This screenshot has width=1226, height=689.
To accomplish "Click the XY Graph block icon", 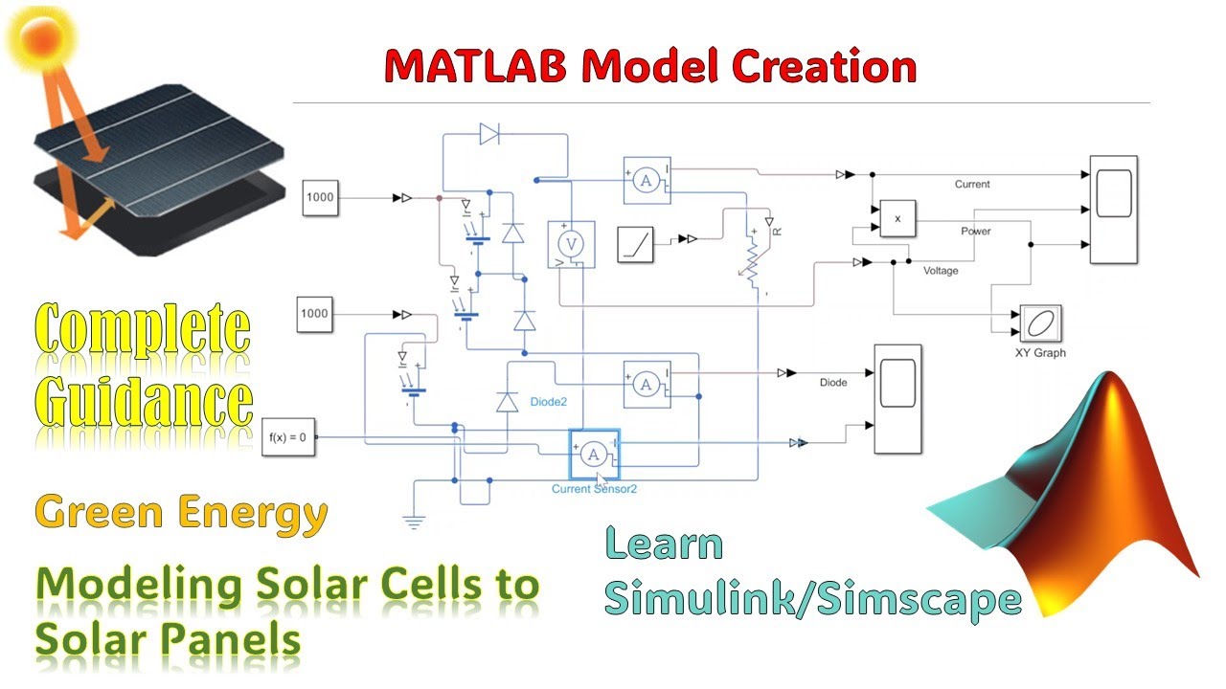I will (x=1039, y=324).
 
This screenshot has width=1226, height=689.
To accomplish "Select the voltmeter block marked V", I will (x=571, y=244).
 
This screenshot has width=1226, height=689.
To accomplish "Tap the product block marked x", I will (x=897, y=218).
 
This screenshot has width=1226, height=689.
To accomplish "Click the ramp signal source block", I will (x=635, y=242).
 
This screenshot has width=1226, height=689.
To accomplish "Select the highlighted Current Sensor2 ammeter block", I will (x=595, y=454).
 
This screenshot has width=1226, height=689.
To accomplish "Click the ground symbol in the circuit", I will (x=414, y=522).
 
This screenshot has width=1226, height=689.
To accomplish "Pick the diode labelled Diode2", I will (x=507, y=403).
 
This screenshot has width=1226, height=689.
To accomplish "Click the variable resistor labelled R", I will (x=753, y=262).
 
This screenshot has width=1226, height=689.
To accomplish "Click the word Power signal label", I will (x=976, y=232).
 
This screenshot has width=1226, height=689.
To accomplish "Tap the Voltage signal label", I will (x=940, y=271).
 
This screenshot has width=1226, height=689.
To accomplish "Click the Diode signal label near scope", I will (x=833, y=383).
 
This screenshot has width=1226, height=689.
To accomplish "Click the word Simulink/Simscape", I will (x=812, y=599).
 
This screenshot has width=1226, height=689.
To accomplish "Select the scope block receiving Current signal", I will (x=1114, y=209).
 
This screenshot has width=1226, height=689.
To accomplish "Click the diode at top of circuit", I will (x=489, y=135).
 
